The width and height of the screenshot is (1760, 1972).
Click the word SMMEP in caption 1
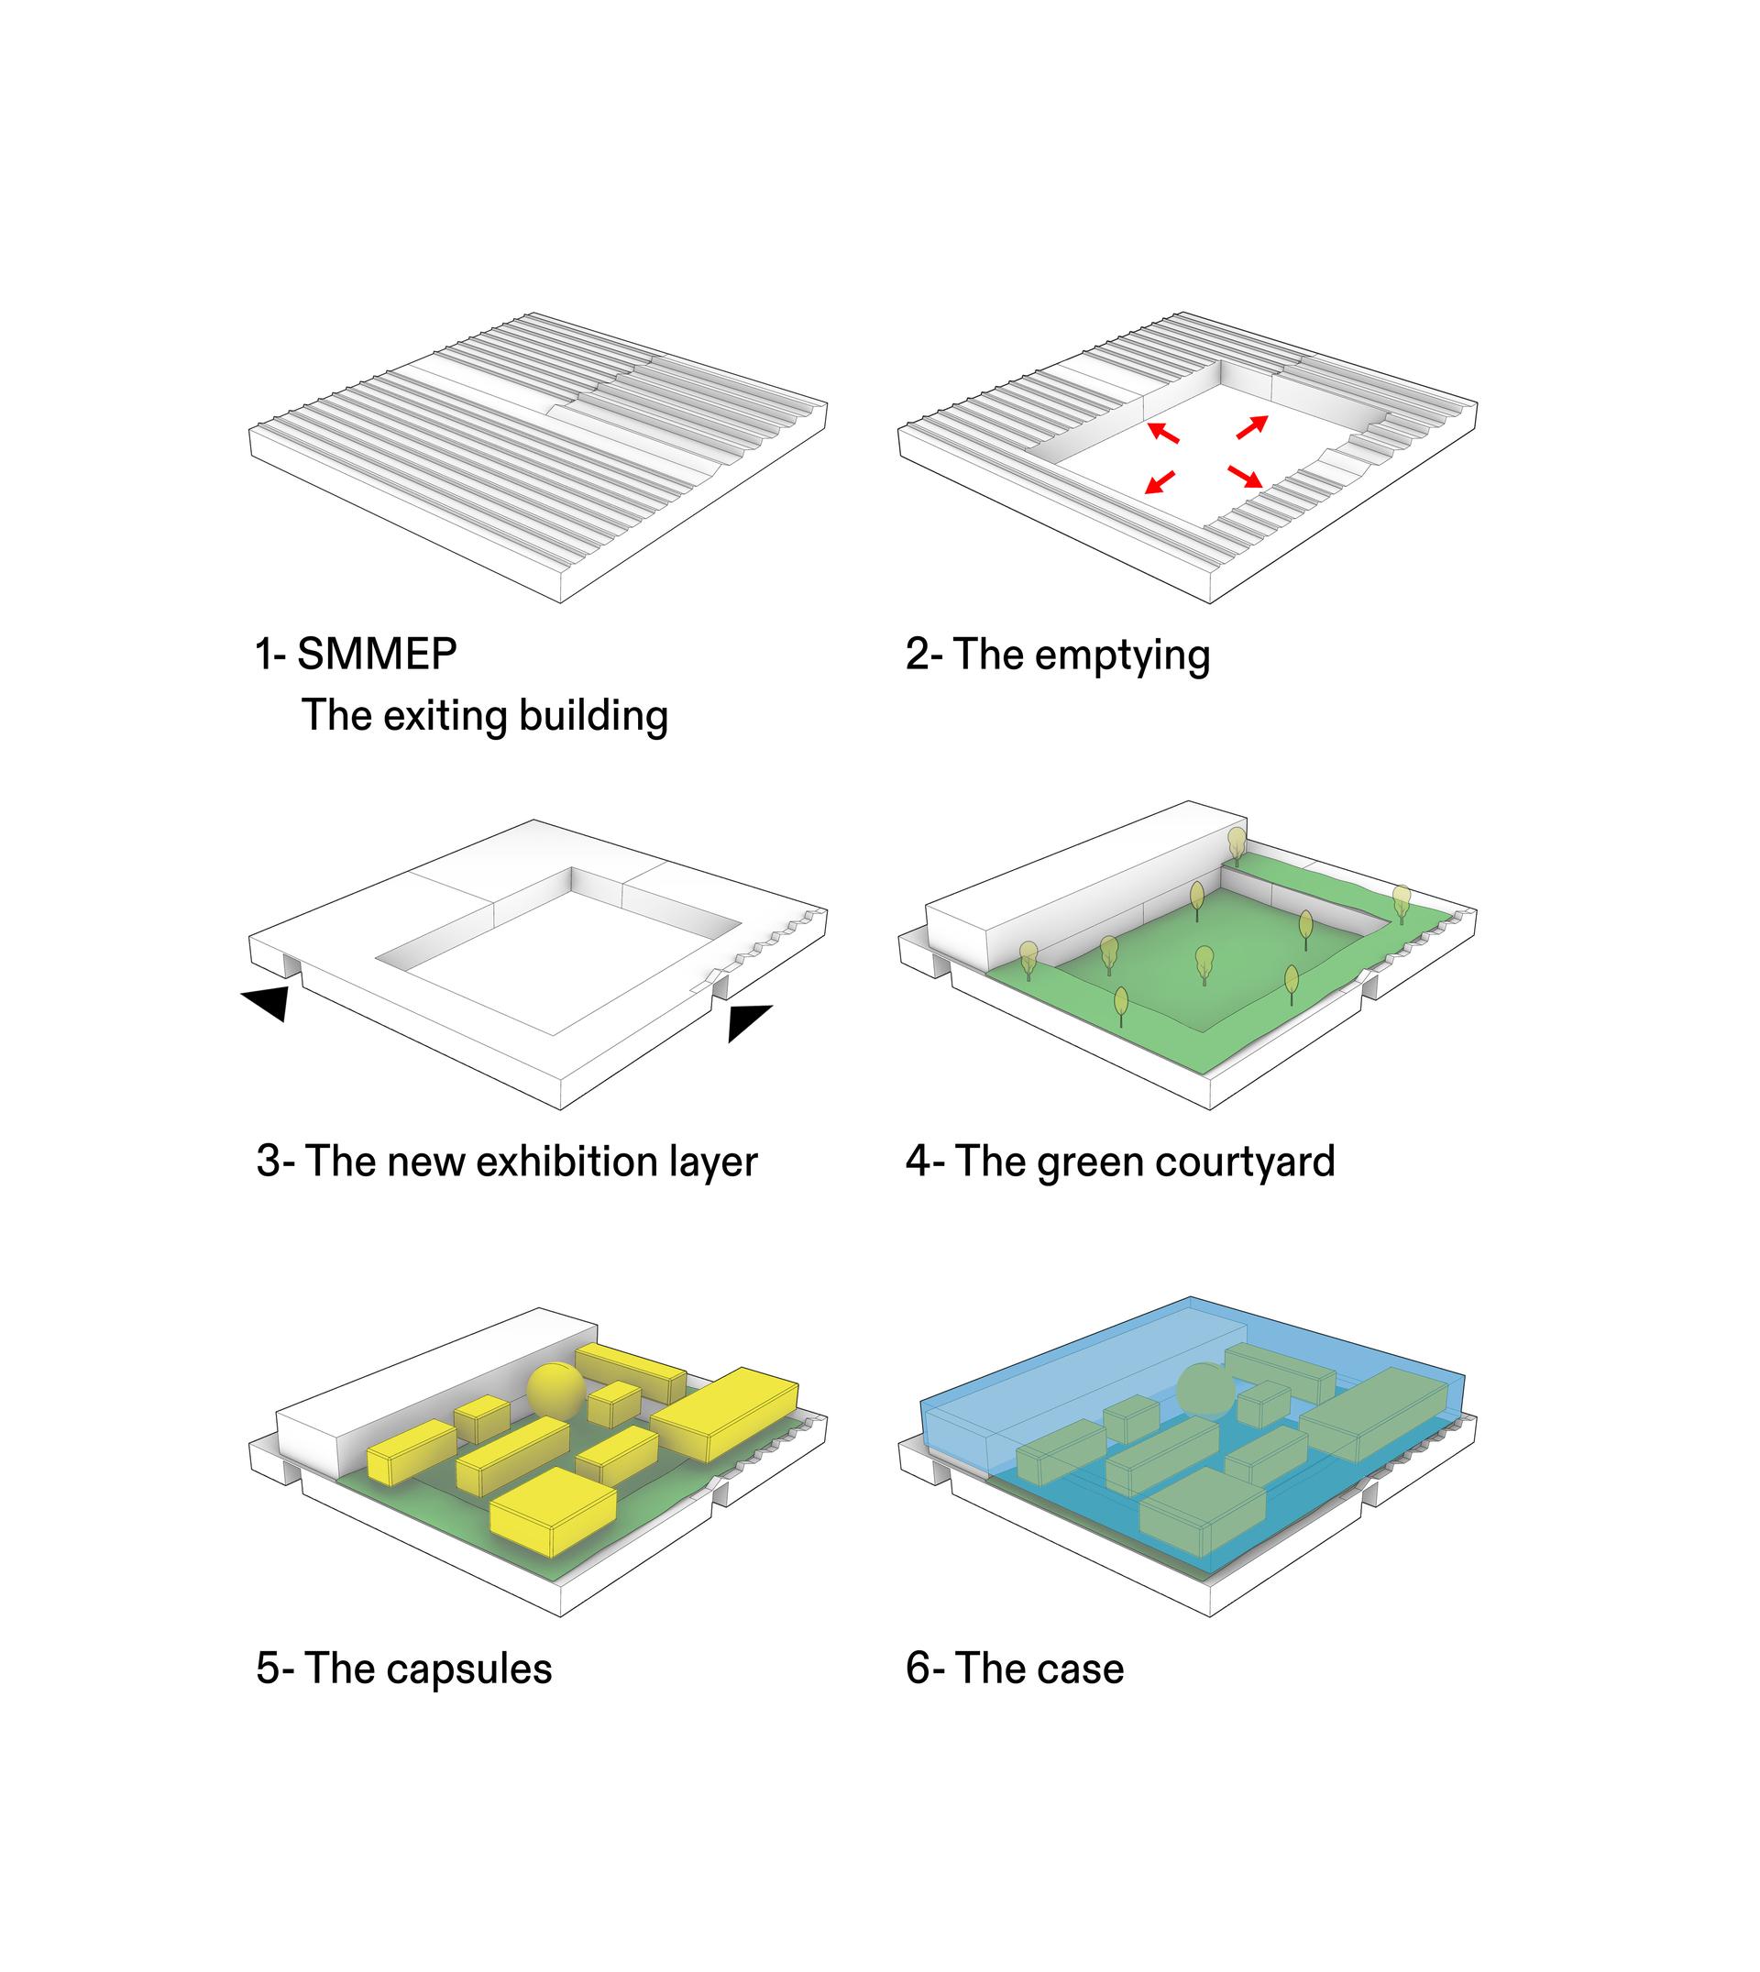[x=377, y=654]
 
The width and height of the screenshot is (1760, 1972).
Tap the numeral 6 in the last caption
[x=918, y=1669]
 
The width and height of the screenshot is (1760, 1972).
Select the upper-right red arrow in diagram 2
[x=1251, y=426]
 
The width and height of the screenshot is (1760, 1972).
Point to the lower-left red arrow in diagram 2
[x=1160, y=480]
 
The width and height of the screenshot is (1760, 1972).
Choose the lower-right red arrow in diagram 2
[x=1246, y=476]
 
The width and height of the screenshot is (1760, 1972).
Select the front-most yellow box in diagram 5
[x=553, y=1512]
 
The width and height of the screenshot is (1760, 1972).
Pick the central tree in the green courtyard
[x=1204, y=964]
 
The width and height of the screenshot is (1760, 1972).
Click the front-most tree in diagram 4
[x=1121, y=1006]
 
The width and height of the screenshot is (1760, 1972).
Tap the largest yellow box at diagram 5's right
[x=725, y=1413]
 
